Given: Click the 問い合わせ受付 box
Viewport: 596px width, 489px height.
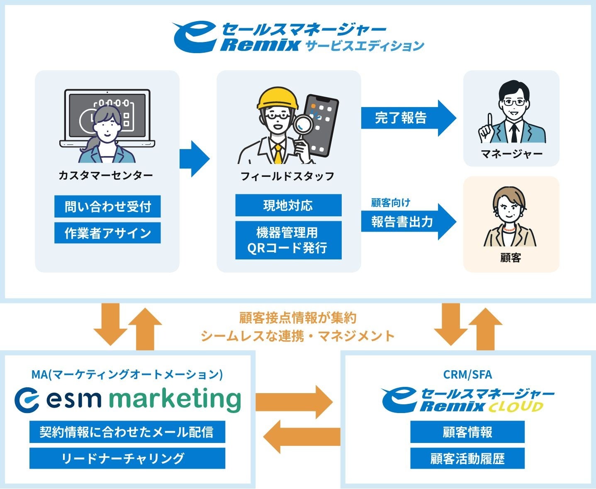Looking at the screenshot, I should coord(107,206).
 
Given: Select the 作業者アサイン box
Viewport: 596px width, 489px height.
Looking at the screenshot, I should coord(107,233).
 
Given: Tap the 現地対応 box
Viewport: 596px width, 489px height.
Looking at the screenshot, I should coord(288,205).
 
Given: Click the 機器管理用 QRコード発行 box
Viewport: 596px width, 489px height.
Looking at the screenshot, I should coord(288,240).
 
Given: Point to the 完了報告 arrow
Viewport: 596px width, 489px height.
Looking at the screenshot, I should coord(406,118).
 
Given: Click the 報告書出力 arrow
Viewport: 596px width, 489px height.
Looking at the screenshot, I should coord(406,222).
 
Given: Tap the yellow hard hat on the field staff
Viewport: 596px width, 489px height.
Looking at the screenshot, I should coord(277,98).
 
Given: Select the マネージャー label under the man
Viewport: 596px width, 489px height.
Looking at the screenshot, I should coord(511,154).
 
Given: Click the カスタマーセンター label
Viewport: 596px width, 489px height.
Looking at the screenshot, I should coord(106,175).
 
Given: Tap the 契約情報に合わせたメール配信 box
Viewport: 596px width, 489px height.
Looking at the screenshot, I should coord(127,432).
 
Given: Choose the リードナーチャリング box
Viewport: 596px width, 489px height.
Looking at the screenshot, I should coord(127,458).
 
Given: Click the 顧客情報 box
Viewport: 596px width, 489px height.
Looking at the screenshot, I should coord(467,432).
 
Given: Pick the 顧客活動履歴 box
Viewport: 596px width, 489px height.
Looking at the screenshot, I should coord(467,458).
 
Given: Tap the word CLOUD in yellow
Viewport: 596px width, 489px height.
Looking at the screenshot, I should coord(516,407).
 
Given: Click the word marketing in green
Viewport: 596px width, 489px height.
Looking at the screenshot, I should coord(175,399).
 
